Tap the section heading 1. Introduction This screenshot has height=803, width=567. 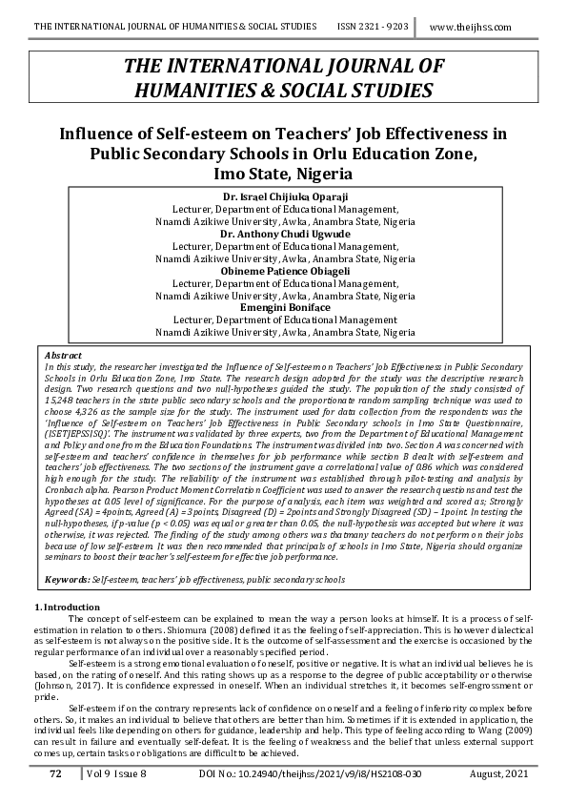67,607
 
